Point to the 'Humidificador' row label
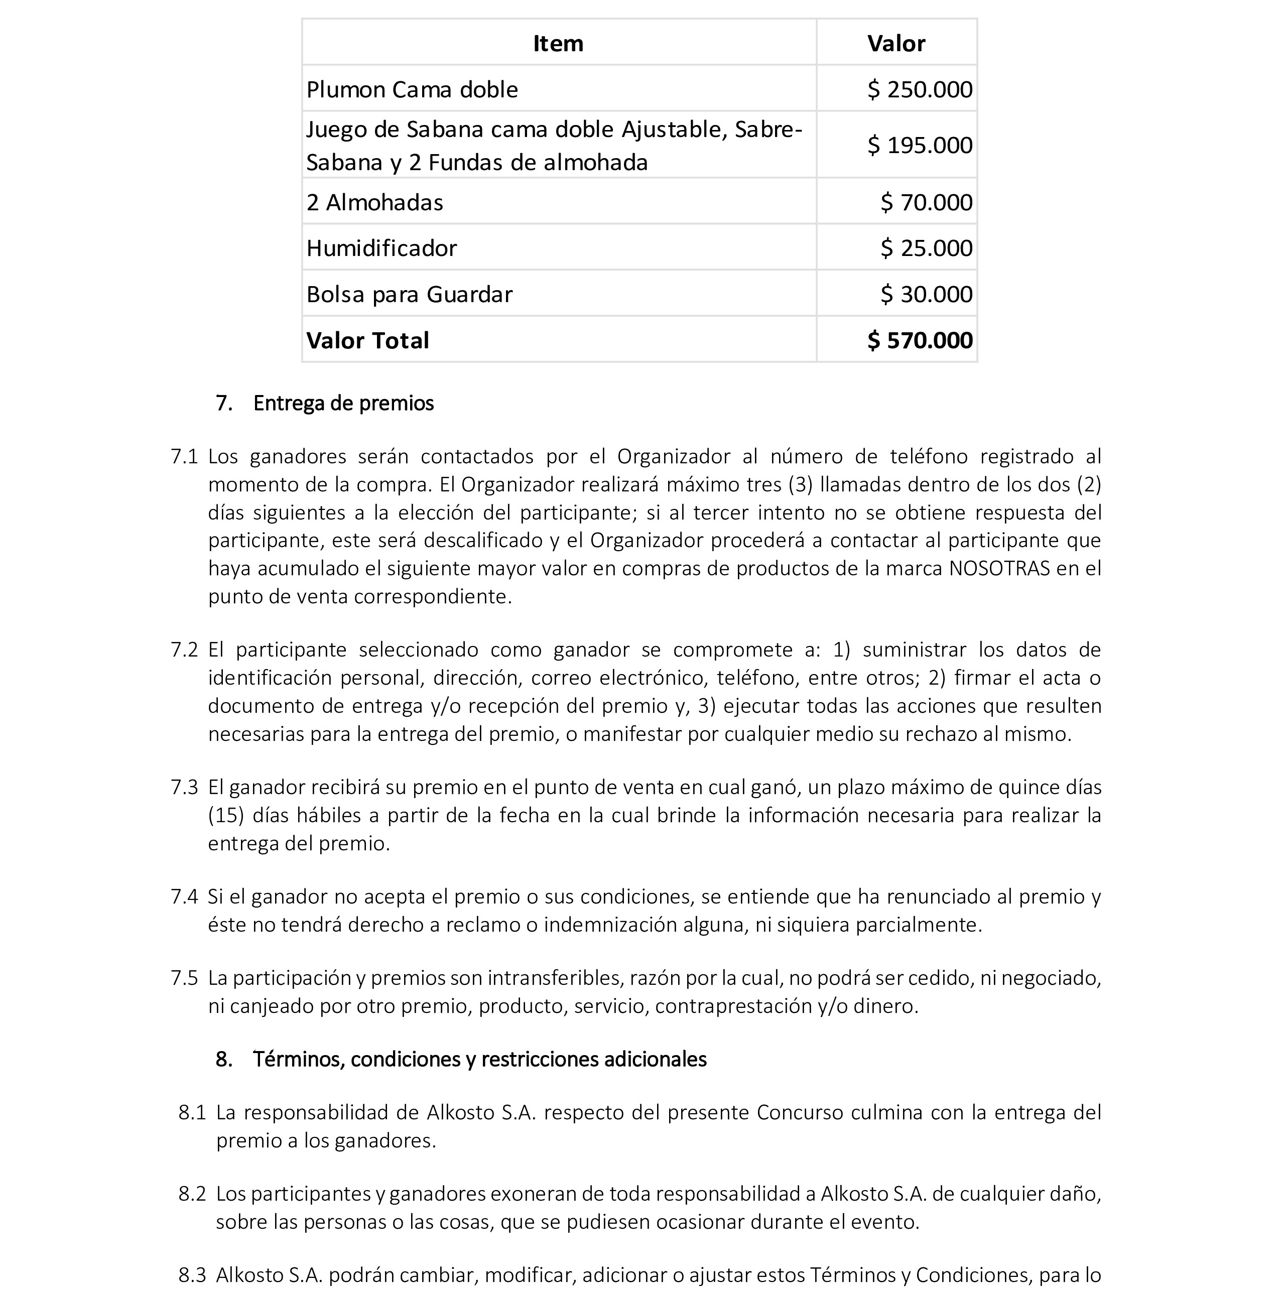click(381, 248)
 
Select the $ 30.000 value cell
click(926, 294)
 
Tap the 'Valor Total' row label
click(367, 340)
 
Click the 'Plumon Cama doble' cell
click(412, 90)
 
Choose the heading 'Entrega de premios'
click(343, 404)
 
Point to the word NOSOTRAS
click(999, 568)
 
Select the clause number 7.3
click(184, 788)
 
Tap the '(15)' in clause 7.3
click(222, 816)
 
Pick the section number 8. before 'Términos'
click(224, 1059)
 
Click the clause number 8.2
click(192, 1194)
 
